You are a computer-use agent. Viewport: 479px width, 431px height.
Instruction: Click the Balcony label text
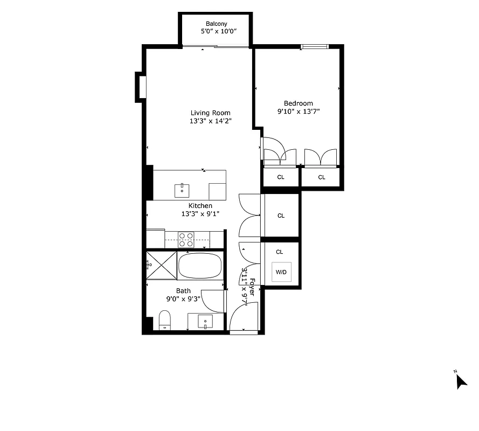pyautogui.click(x=217, y=24)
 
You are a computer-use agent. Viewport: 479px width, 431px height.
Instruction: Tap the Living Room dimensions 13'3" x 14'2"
pyautogui.click(x=210, y=122)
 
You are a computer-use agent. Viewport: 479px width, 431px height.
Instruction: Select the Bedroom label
pyautogui.click(x=298, y=103)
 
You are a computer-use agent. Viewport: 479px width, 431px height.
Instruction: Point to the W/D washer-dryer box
pyautogui.click(x=281, y=272)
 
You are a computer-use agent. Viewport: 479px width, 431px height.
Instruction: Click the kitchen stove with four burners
pyautogui.click(x=186, y=239)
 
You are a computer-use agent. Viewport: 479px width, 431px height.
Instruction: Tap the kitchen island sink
pyautogui.click(x=182, y=190)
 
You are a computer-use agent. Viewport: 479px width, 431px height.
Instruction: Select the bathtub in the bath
pyautogui.click(x=200, y=266)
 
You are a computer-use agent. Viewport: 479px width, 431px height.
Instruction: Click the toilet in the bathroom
pyautogui.click(x=165, y=320)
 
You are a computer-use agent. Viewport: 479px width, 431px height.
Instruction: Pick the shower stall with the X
pyautogui.click(x=161, y=265)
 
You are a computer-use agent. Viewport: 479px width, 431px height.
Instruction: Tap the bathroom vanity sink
pyautogui.click(x=205, y=322)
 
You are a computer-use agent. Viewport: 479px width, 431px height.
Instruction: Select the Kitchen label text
pyautogui.click(x=200, y=206)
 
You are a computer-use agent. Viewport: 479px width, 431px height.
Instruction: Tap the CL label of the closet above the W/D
pyautogui.click(x=279, y=252)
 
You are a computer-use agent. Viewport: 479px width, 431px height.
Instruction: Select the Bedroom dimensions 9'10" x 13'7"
pyautogui.click(x=298, y=112)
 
